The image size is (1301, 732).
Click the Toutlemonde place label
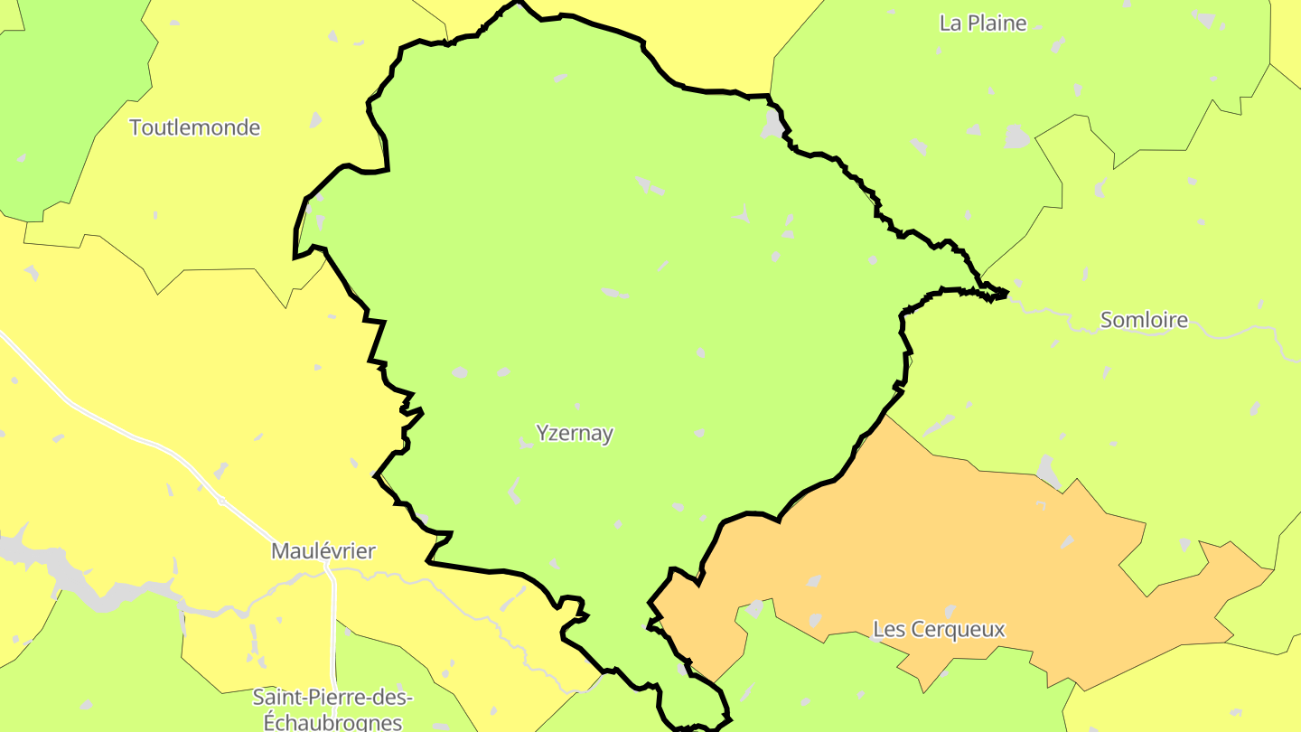point(195,127)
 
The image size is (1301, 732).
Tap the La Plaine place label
point(983,23)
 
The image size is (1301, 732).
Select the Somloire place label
point(1144,319)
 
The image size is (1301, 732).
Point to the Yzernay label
point(575,433)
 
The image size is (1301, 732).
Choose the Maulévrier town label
point(323,550)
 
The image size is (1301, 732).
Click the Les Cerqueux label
point(939,629)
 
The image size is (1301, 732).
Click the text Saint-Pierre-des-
point(332,698)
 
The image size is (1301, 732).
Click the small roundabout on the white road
point(221,501)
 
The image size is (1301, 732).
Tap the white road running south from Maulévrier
point(333,633)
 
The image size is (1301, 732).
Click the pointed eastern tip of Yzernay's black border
point(1005,293)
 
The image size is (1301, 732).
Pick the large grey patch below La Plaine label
point(1017,136)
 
